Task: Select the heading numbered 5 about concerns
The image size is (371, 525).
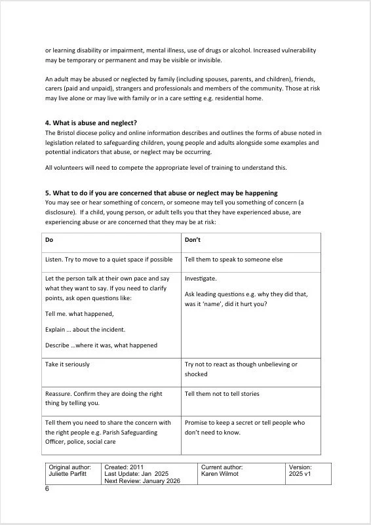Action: click(x=161, y=193)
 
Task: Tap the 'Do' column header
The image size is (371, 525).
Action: click(x=49, y=240)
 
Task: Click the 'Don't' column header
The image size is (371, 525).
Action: click(x=193, y=240)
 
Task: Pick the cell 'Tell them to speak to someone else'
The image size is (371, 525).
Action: click(x=233, y=260)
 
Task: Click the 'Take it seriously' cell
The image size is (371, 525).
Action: click(x=68, y=364)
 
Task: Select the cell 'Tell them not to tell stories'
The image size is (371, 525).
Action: click(x=222, y=394)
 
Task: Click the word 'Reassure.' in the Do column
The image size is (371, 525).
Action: click(x=58, y=394)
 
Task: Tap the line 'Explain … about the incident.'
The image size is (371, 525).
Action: click(x=85, y=329)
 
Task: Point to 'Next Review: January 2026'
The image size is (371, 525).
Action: click(x=141, y=481)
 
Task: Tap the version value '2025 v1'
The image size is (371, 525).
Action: click(x=300, y=474)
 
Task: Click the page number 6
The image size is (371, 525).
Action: click(x=47, y=489)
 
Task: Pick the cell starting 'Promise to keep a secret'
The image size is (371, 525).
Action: click(x=244, y=427)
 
